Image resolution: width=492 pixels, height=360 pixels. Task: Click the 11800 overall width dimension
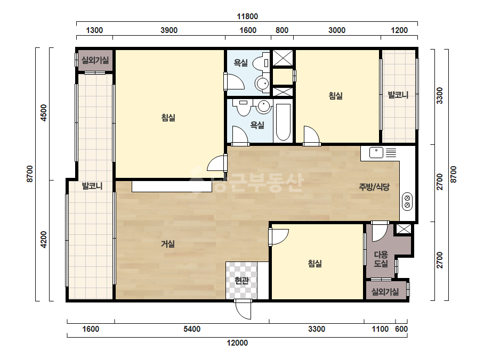[x=247, y=17]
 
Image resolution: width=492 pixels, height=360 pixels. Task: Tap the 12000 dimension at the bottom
[x=237, y=343]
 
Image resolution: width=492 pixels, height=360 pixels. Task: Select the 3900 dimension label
[x=169, y=30]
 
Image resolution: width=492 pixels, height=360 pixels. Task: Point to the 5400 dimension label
[x=192, y=329]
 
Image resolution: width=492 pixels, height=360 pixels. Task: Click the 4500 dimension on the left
[x=44, y=113]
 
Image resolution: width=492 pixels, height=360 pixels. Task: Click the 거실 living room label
[x=168, y=244]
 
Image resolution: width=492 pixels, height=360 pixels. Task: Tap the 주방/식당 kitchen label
[x=374, y=187]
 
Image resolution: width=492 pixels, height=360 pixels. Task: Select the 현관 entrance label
[x=241, y=280]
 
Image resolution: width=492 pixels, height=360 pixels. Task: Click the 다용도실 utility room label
[x=381, y=259]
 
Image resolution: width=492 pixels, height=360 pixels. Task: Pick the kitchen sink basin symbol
[x=376, y=153]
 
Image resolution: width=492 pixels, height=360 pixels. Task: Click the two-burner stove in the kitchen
[x=407, y=201]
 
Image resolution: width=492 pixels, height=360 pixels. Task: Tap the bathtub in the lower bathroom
[x=283, y=121]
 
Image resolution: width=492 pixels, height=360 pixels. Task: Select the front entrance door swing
[x=243, y=309]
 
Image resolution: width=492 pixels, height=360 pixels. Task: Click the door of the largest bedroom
[x=217, y=163]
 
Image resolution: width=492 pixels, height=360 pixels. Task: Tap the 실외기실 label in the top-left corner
[x=95, y=60]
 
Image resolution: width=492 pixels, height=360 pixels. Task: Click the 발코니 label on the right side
[x=398, y=95]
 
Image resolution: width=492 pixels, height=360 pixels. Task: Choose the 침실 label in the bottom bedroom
[x=314, y=264]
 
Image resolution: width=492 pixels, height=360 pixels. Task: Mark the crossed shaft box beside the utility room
[x=404, y=228]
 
